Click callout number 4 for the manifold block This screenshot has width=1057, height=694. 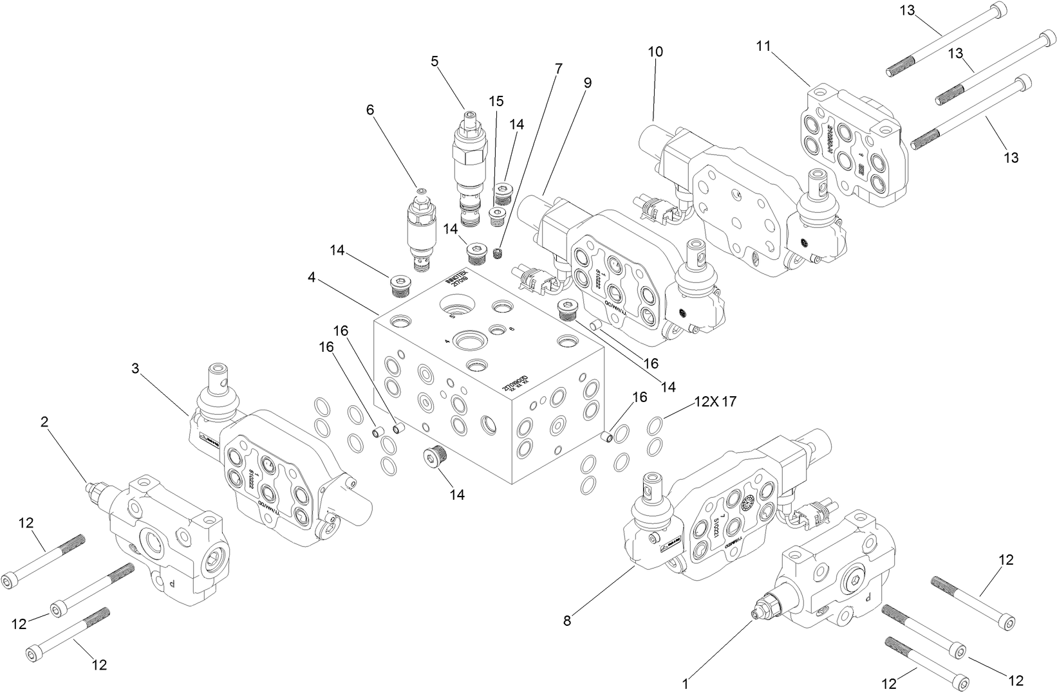tap(312, 278)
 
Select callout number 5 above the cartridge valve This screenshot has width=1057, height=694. tap(435, 61)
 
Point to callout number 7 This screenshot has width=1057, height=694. tap(558, 68)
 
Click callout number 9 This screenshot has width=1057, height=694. tap(587, 83)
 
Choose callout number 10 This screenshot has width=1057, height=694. tap(655, 52)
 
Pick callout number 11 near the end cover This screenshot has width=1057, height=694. tap(763, 46)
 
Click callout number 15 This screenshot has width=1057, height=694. tap(496, 101)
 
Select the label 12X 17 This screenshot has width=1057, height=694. tap(715, 402)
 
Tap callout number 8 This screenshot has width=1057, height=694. tap(566, 621)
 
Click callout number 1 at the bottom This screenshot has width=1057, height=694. tap(686, 684)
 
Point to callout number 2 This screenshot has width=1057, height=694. tap(44, 422)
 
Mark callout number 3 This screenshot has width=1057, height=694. tap(135, 368)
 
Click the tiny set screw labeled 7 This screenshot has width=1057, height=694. tap(497, 253)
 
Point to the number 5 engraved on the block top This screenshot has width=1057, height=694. tap(452, 316)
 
